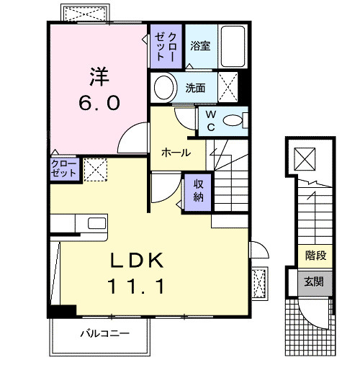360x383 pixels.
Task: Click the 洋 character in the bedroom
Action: tap(99, 76)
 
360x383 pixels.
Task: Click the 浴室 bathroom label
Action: tap(199, 46)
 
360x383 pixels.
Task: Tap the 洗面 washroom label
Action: tap(195, 88)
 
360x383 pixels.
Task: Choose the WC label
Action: tap(211, 120)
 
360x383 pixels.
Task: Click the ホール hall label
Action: tap(176, 153)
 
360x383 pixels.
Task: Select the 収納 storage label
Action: tap(198, 189)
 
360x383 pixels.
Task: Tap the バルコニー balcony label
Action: tap(104, 334)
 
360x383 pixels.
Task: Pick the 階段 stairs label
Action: tap(315, 255)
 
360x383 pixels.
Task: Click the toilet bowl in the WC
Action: tap(233, 121)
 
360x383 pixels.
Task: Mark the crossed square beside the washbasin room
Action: tap(229, 89)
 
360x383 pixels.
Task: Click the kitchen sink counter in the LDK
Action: tap(79, 223)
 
